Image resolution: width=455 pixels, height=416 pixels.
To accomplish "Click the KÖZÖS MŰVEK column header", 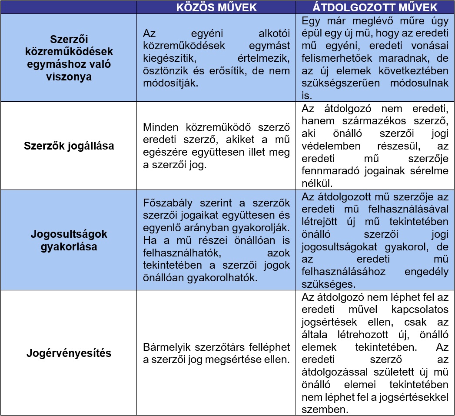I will coord(216,7).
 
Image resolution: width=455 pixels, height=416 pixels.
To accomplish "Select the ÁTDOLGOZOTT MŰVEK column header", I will coord(375,7).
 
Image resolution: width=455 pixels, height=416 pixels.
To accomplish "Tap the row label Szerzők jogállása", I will coord(69,146).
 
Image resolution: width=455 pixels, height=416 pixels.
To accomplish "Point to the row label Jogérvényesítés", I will coord(69,353).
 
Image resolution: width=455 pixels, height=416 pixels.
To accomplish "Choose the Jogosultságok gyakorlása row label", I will coord(69,240).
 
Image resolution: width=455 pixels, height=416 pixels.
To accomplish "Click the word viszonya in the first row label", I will coord(69,77).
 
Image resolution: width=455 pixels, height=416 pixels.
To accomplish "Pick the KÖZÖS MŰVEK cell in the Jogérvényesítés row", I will coord(216,353).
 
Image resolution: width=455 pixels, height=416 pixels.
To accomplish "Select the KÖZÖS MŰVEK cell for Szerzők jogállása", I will coord(216,146).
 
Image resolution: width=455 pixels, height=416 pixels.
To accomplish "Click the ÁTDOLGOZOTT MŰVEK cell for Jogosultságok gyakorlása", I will coord(375,240).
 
